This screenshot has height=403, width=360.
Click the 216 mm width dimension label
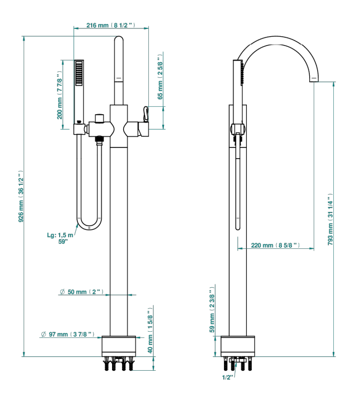click(x=111, y=25)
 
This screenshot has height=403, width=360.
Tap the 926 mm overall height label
click(x=21, y=196)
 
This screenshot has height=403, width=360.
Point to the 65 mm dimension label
click(x=160, y=77)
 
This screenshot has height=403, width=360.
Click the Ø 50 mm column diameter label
click(x=81, y=292)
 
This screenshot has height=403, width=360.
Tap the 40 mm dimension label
click(x=150, y=330)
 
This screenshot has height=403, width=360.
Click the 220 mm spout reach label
click(x=275, y=245)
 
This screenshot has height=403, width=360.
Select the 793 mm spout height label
click(x=330, y=219)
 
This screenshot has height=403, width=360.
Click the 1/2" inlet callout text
click(x=227, y=377)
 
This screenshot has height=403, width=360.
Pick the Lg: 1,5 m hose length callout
click(x=60, y=238)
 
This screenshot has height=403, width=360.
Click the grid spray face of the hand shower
click(x=79, y=73)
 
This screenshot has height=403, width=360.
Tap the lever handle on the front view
click(x=146, y=115)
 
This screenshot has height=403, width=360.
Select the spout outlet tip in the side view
click(x=314, y=80)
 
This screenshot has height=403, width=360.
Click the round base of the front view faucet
click(x=119, y=346)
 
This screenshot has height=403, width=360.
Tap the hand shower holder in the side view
click(x=238, y=129)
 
